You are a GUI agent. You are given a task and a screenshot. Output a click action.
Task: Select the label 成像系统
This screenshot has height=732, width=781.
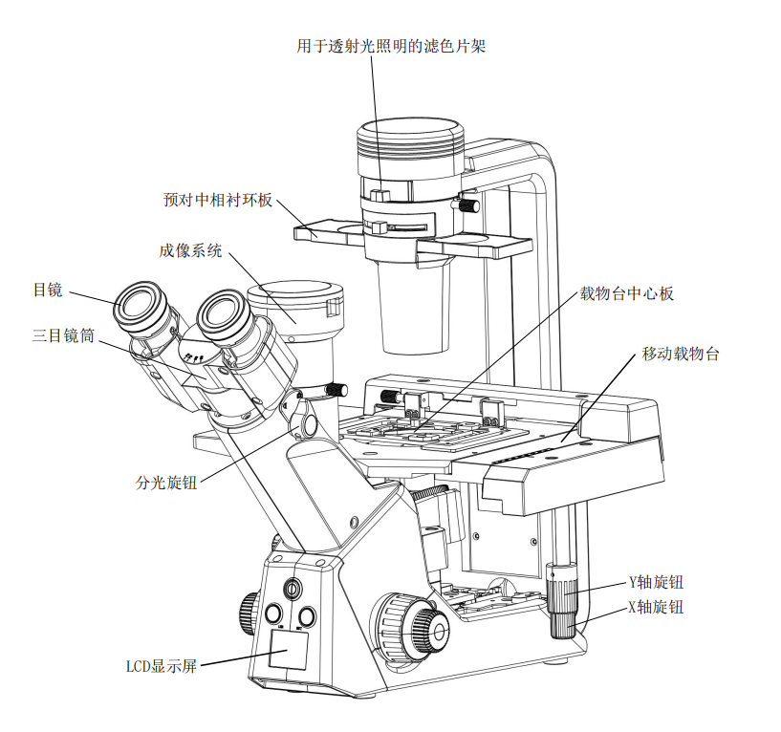(x=190, y=251)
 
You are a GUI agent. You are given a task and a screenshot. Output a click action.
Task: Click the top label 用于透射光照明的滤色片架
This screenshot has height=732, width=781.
(x=391, y=45)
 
